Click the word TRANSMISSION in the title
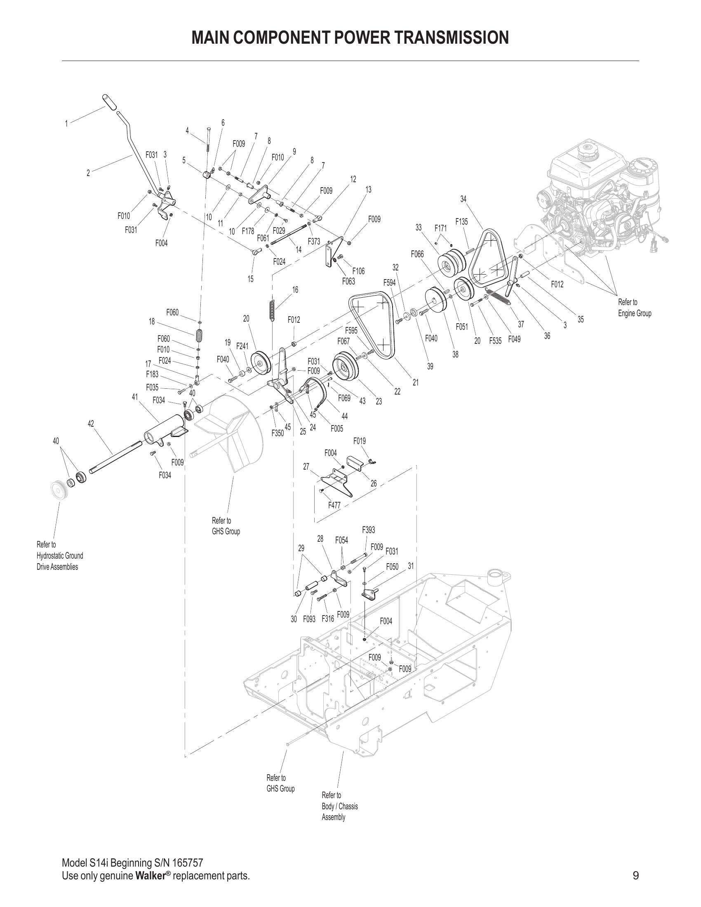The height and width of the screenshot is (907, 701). point(452,38)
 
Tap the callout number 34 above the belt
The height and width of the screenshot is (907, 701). point(463,200)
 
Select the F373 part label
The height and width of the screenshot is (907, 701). point(314,241)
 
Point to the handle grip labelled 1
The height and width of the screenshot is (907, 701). point(110,102)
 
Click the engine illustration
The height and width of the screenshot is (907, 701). point(602,195)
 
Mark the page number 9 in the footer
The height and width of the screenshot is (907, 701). point(636,876)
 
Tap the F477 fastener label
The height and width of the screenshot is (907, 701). point(334,505)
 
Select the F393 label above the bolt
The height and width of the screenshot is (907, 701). point(369,530)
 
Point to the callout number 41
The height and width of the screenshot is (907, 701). point(135,397)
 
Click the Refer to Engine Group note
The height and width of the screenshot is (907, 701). point(635,308)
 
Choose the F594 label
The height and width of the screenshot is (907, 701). point(390,283)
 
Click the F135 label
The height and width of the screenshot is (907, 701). point(461,222)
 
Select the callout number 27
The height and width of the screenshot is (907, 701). point(306,467)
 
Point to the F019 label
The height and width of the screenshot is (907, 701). point(360,441)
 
